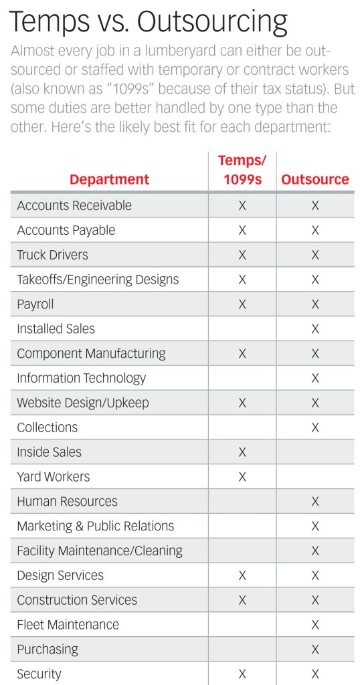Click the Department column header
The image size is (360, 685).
click(109, 179)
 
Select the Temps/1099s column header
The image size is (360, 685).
click(242, 170)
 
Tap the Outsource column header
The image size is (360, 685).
click(315, 179)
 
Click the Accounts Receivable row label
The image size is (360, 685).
click(74, 205)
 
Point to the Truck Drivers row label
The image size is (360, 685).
click(52, 255)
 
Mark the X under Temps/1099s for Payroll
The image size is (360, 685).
click(242, 304)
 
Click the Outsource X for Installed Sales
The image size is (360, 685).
click(315, 328)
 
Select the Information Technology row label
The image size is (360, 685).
click(81, 378)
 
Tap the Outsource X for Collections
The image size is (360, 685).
click(315, 427)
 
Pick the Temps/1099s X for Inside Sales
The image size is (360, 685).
click(242, 452)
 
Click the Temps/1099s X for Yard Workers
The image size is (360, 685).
click(242, 476)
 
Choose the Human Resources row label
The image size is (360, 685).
click(68, 501)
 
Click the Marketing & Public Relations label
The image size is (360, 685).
click(96, 526)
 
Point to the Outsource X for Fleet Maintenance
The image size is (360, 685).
click(315, 625)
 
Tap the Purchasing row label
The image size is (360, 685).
click(48, 650)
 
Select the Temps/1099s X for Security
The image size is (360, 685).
click(242, 674)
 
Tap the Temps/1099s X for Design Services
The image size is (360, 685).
click(242, 575)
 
